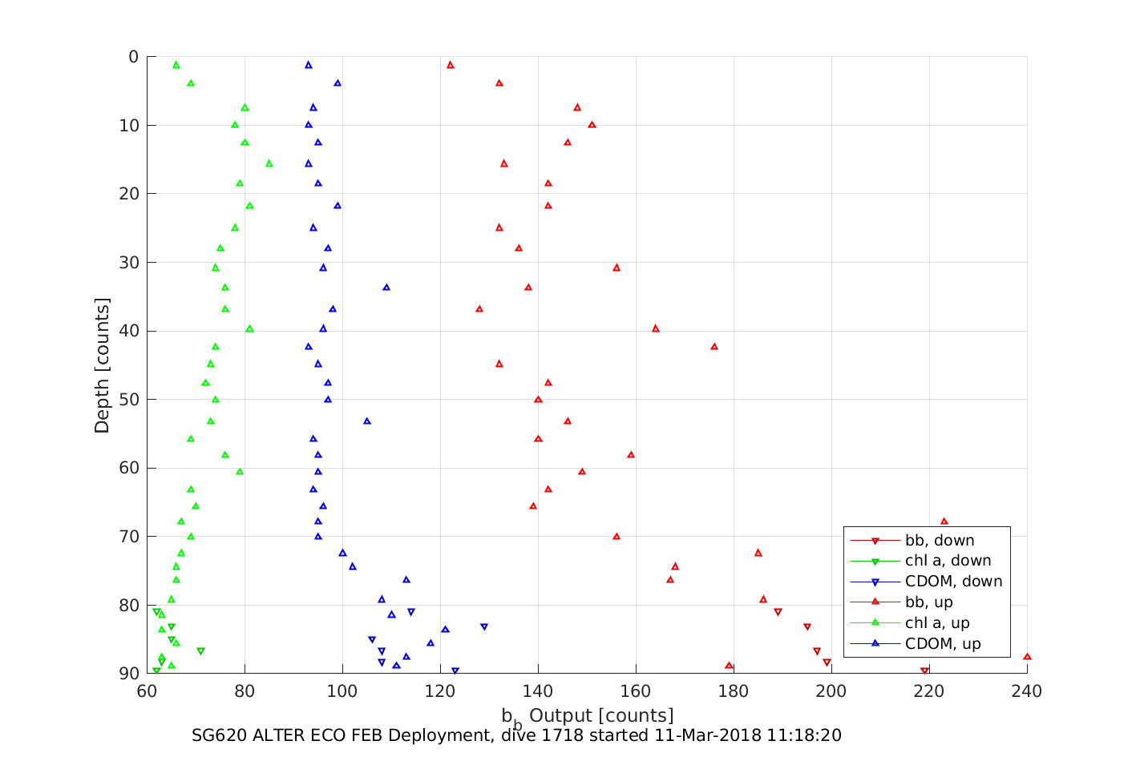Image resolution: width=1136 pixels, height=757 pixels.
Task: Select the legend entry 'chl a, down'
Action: coord(948,561)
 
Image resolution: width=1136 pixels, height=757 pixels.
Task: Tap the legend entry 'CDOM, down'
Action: coord(953,582)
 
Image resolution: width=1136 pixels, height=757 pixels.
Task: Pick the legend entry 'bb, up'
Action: coord(928,602)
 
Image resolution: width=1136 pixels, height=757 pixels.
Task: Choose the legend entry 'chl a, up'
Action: coord(937,623)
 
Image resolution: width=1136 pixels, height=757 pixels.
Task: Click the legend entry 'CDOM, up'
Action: coord(943,644)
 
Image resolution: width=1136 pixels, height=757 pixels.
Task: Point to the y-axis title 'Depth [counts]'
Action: coord(102,365)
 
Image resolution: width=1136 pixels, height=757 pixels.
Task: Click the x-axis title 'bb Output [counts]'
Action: coord(588,716)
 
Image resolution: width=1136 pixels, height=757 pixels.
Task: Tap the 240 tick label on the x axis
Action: coord(1027,691)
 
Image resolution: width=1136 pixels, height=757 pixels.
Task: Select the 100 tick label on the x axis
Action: coord(343,691)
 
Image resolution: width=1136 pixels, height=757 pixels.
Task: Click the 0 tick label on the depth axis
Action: coord(133,57)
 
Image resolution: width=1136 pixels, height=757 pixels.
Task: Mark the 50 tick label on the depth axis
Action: coord(128,400)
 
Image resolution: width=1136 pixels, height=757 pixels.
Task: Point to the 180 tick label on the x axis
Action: coord(734,691)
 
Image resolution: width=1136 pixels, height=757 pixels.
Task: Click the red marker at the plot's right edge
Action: coord(1027,657)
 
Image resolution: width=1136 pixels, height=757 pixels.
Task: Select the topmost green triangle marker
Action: coord(176,65)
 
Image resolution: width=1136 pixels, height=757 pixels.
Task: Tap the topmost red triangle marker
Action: coord(451,65)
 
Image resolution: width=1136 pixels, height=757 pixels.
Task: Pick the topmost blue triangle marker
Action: coord(309,65)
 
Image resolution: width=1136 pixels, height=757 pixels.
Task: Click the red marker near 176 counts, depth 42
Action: coord(714,347)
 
